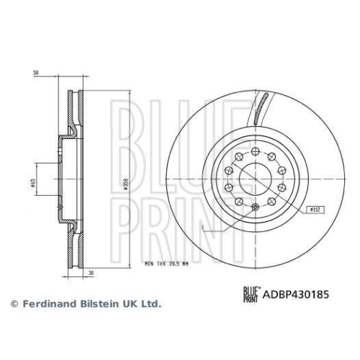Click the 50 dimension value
coord(36,73)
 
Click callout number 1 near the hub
coord(204,228)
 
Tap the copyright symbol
coord(13,304)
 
